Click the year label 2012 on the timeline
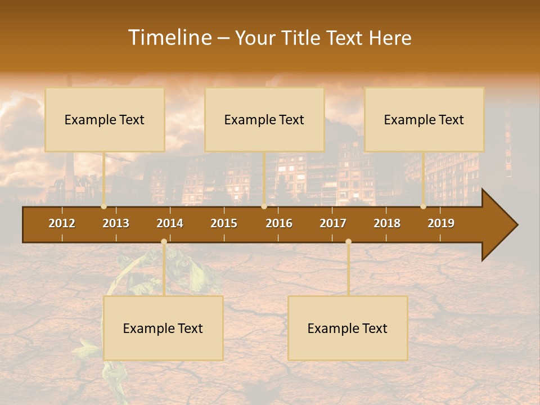tap(62, 223)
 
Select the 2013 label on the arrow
tap(116, 223)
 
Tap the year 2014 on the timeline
tap(170, 223)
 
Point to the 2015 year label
tap(224, 223)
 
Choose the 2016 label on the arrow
tap(279, 223)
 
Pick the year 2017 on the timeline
tap(333, 223)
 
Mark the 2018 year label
tap(387, 223)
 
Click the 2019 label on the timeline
tap(441, 223)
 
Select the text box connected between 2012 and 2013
tap(105, 119)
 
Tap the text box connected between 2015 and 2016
tap(264, 119)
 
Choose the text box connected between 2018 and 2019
tap(424, 119)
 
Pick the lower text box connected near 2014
tap(163, 328)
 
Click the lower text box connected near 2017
tap(348, 328)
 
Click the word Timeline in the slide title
tap(169, 38)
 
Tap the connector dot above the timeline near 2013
tap(103, 206)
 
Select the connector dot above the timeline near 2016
tap(264, 206)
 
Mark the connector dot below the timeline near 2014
tap(164, 242)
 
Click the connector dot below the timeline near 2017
tap(348, 242)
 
